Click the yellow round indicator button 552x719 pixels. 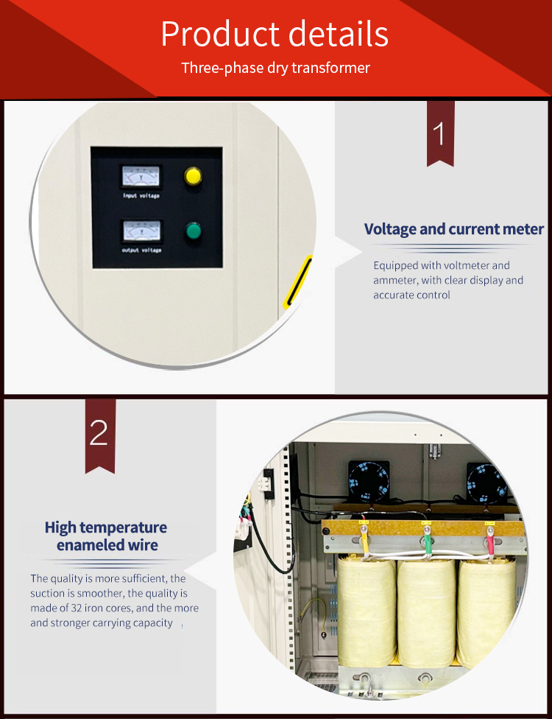pos(193,176)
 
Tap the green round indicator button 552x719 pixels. pos(194,231)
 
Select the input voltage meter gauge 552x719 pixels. pos(141,177)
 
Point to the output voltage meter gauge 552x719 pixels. pos(141,231)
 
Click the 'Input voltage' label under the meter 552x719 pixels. pos(141,196)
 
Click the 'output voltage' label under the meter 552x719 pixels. pos(141,250)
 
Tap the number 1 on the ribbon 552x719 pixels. pos(439,133)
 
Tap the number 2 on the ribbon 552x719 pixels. pos(99,433)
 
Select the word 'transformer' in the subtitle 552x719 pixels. pos(330,68)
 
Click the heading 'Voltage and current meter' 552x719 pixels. pos(454,229)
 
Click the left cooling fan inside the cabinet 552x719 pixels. pos(369,481)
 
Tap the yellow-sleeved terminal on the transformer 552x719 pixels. pos(364,541)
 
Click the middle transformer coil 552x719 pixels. pos(426,613)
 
